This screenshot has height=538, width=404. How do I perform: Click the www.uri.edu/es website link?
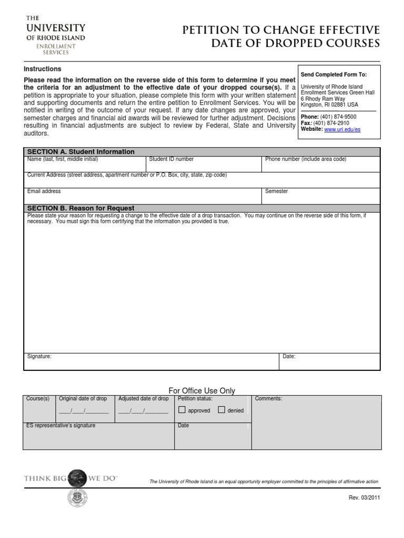click(x=342, y=129)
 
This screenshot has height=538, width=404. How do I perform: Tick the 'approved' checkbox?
click(x=182, y=410)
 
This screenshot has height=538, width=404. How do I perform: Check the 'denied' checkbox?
click(x=221, y=410)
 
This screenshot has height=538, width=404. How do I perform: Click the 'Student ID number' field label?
click(x=171, y=159)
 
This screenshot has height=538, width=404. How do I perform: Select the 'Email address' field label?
click(x=44, y=191)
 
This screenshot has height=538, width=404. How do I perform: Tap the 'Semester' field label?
click(x=276, y=191)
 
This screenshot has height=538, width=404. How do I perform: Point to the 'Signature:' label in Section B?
click(x=39, y=356)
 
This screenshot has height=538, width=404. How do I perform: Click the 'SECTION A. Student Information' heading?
click(x=80, y=152)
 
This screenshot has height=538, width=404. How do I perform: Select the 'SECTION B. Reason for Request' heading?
click(x=80, y=208)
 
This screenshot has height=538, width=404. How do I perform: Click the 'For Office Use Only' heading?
click(x=201, y=390)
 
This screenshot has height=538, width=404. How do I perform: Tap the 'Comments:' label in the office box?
click(x=268, y=399)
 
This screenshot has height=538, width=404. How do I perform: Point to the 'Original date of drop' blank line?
click(x=84, y=411)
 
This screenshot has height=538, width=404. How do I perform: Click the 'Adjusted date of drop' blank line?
click(x=143, y=411)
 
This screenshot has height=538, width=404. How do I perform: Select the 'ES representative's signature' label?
click(x=60, y=426)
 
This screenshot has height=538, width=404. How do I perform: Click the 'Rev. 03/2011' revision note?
click(x=364, y=498)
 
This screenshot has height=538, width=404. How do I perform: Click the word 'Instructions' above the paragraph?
click(x=43, y=69)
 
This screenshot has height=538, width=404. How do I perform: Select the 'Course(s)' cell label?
click(x=38, y=399)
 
